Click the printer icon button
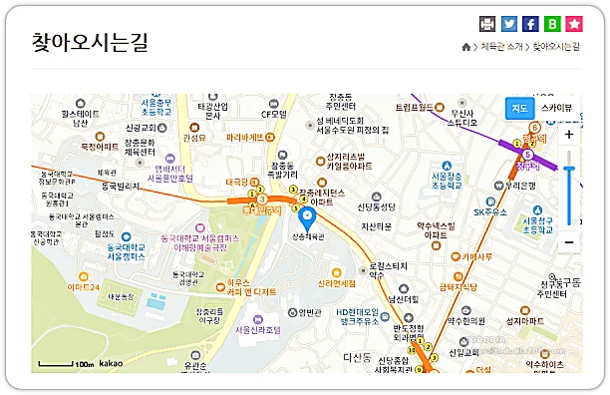pos(487,24)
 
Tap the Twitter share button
pos(509,24)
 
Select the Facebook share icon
pos(530,24)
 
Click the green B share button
pos(551,24)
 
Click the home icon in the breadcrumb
pos(466,47)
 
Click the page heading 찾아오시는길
pos(89,42)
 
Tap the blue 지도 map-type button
pos(519,108)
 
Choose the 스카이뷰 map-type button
pos(556,108)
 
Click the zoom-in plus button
pos(568,135)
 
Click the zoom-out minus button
pos(568,242)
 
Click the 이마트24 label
pos(84,287)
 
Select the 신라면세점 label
pos(337,283)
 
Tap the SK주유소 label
pos(490,211)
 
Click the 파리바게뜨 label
pos(245,137)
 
